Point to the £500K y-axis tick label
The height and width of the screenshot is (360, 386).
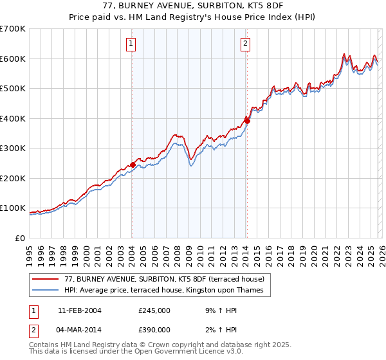[13, 88]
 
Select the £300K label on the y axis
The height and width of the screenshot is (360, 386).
[13, 148]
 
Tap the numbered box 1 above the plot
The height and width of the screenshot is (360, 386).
[131, 44]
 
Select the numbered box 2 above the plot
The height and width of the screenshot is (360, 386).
[246, 44]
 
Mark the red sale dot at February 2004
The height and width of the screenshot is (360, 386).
[133, 165]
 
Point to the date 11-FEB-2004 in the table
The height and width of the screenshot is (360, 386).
[79, 310]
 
